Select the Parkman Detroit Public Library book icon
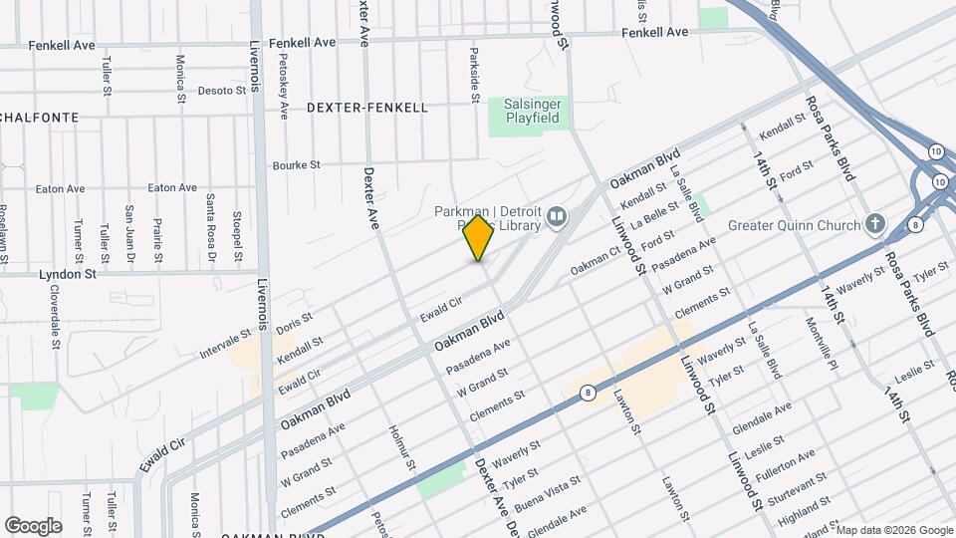(557, 216)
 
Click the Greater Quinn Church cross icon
(875, 224)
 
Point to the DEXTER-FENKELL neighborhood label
(367, 108)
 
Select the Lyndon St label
(67, 273)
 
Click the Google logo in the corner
(32, 525)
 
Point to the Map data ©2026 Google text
(895, 529)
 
